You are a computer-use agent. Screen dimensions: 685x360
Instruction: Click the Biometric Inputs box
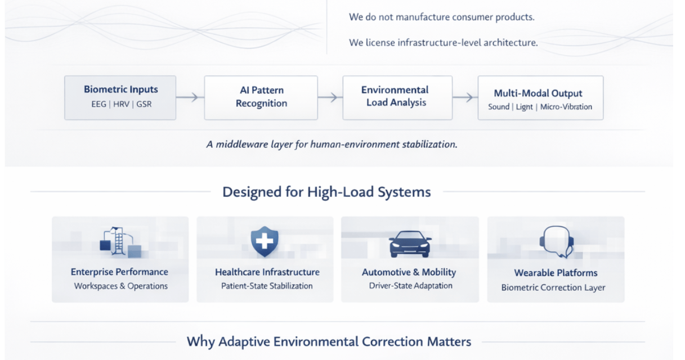tap(120, 97)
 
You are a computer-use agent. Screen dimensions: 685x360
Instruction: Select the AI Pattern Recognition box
tap(261, 97)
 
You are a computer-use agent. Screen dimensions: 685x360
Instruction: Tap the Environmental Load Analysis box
tap(397, 97)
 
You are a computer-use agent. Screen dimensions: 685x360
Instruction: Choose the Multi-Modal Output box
tap(540, 98)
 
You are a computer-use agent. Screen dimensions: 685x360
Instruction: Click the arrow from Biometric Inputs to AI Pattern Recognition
tap(190, 97)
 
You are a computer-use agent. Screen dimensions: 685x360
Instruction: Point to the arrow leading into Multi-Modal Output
tap(465, 97)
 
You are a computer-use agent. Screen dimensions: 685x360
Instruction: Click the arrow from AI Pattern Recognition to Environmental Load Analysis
tap(330, 97)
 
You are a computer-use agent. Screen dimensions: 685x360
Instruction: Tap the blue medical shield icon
tap(265, 242)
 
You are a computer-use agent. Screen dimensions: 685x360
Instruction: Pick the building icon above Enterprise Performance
tap(119, 242)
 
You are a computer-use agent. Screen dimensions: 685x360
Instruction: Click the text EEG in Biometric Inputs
tap(99, 104)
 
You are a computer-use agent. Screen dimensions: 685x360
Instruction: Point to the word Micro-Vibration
tap(566, 107)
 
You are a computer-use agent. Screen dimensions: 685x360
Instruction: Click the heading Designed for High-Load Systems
tap(326, 192)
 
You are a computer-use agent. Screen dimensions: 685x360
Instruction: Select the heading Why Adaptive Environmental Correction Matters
tap(329, 341)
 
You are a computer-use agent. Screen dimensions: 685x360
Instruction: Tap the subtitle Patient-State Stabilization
tap(267, 286)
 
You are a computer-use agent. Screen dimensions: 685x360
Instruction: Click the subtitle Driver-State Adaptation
tap(410, 286)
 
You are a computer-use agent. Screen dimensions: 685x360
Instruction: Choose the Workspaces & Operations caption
tap(120, 286)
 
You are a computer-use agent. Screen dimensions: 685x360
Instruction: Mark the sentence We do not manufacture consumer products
tap(441, 17)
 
